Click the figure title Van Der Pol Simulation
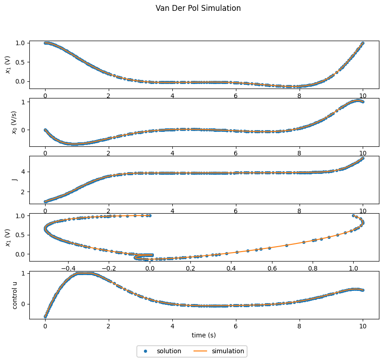198,8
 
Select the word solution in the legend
169,351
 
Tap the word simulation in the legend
228,351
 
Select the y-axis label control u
15,295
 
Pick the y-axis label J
15,180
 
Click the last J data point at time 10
363,159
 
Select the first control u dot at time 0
45,317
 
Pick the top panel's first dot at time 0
45,43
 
